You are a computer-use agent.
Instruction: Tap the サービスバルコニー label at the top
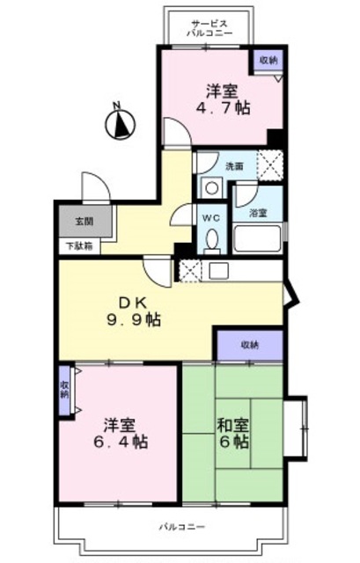click(x=209, y=28)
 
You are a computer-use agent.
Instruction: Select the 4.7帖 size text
click(x=221, y=108)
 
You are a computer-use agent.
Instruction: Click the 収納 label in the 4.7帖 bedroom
click(x=268, y=60)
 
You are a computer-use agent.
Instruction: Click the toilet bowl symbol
click(x=211, y=239)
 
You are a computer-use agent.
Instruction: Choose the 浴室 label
click(x=257, y=213)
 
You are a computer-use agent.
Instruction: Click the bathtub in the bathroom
click(x=257, y=238)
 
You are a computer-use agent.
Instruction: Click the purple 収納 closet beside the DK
click(x=250, y=345)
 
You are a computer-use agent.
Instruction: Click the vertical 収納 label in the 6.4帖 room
click(x=64, y=388)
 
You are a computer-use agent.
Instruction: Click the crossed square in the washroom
click(x=268, y=165)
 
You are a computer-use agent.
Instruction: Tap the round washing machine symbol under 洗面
click(x=211, y=186)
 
